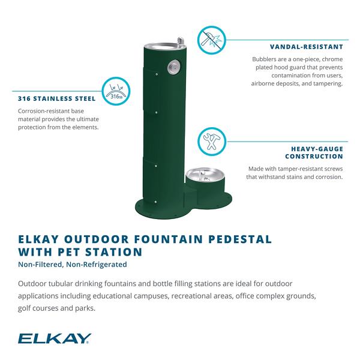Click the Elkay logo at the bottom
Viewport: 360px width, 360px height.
coord(55,338)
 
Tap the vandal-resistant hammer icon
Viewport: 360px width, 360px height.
coord(212,40)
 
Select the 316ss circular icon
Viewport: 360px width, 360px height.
coord(116,91)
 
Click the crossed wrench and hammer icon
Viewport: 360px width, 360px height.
coord(212,142)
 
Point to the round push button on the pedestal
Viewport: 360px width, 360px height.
coord(173,67)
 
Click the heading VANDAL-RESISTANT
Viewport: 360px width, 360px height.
coord(307,47)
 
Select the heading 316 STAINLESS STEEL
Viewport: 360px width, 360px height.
coord(57,99)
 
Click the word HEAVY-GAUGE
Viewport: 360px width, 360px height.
coord(317,149)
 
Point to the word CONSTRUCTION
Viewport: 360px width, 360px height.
coord(314,157)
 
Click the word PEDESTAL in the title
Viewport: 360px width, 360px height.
coord(240,239)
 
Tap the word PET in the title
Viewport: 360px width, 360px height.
coord(68,252)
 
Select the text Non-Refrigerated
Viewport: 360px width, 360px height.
coord(97,265)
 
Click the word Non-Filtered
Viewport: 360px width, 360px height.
coord(41,265)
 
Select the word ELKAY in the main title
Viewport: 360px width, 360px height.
coord(38,239)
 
